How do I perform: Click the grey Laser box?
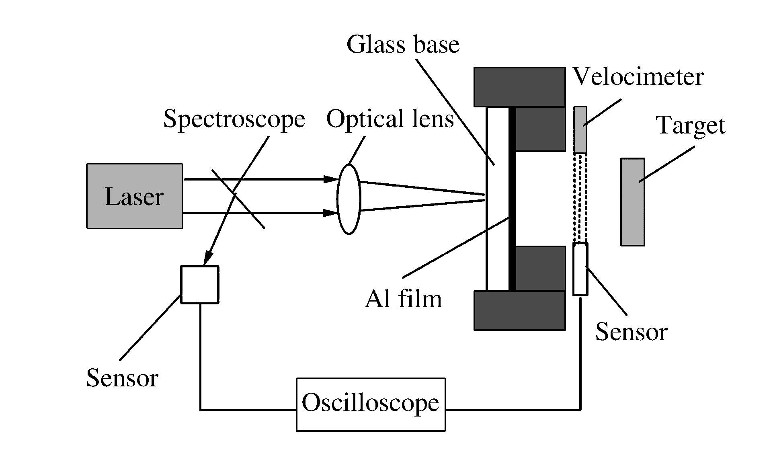click(x=135, y=196)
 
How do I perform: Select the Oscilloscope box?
click(x=371, y=404)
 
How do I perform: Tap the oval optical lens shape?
click(x=349, y=199)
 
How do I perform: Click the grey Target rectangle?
click(x=632, y=202)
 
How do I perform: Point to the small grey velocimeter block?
click(x=580, y=129)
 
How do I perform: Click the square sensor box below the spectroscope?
click(x=200, y=284)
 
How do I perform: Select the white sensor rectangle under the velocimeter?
click(x=580, y=269)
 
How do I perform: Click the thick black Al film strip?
click(x=512, y=199)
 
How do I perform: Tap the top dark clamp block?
click(x=519, y=87)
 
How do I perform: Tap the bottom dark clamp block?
click(x=519, y=310)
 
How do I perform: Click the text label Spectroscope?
click(x=234, y=119)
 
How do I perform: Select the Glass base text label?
click(x=403, y=44)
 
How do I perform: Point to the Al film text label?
click(x=403, y=299)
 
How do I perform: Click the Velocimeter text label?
click(x=638, y=76)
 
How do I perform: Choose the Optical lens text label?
click(x=390, y=119)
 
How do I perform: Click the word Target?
click(x=691, y=126)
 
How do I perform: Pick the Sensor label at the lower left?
click(x=122, y=378)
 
